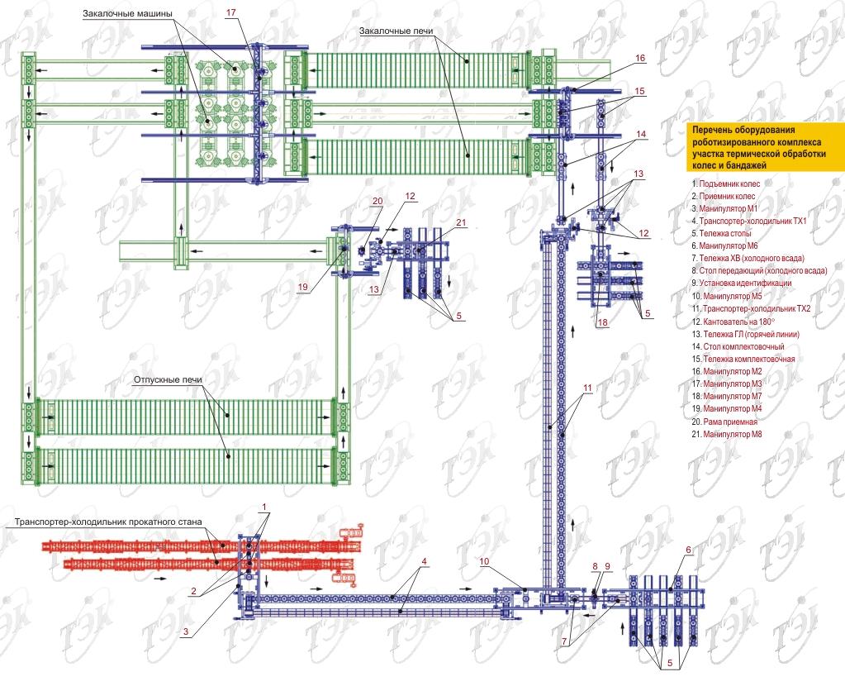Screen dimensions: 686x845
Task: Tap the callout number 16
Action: pos(640,59)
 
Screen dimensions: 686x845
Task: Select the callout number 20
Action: pos(377,201)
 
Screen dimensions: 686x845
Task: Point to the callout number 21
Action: pos(461,223)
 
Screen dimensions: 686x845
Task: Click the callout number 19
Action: pos(306,288)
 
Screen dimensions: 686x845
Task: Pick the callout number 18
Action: pos(602,322)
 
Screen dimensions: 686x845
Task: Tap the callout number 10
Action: pos(487,561)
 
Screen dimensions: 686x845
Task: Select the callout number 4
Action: pos(423,562)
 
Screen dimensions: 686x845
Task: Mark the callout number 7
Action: pos(564,641)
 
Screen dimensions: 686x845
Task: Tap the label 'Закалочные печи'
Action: pos(397,31)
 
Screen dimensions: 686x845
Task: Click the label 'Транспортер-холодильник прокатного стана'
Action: pos(108,523)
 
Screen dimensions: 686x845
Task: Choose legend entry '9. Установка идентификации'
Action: pos(741,283)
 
